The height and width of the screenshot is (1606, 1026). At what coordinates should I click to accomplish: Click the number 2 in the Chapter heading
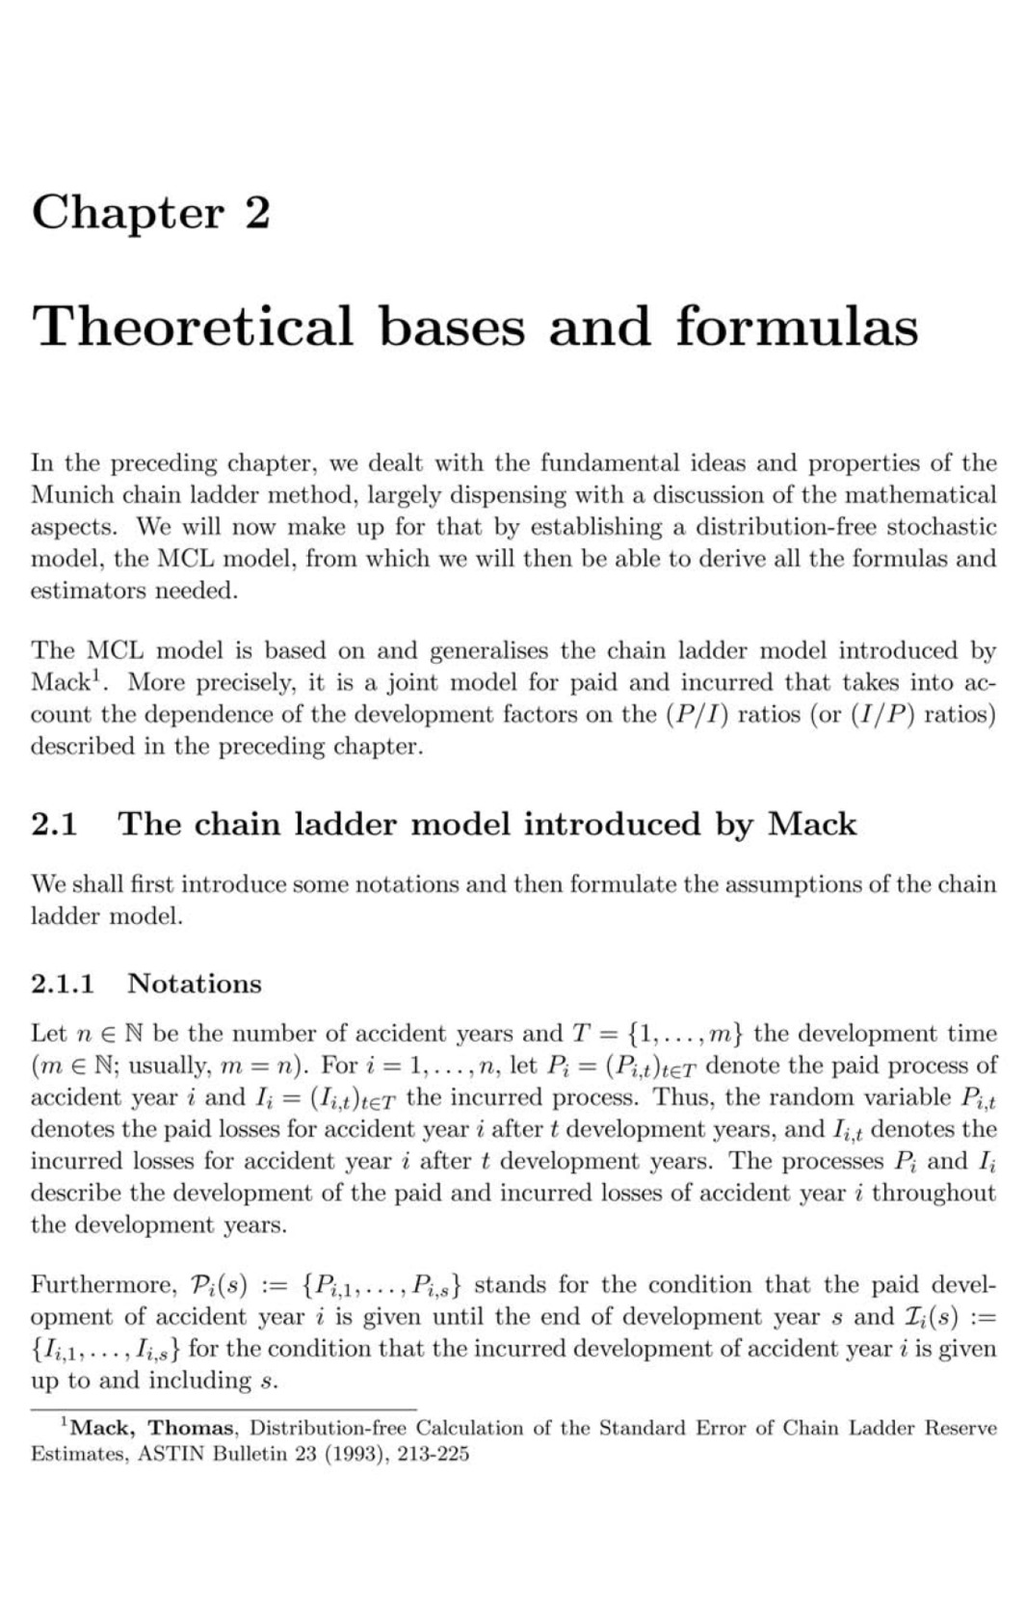click(x=257, y=213)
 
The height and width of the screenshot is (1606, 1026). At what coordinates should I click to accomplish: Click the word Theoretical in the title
click(x=194, y=326)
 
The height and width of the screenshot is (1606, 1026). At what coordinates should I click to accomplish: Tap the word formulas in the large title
click(x=796, y=326)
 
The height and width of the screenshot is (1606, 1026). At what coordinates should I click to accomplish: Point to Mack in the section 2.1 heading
click(x=811, y=825)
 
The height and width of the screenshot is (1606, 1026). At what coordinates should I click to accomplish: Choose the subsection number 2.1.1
click(x=63, y=984)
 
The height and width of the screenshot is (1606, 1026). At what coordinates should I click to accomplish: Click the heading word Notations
click(x=195, y=984)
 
